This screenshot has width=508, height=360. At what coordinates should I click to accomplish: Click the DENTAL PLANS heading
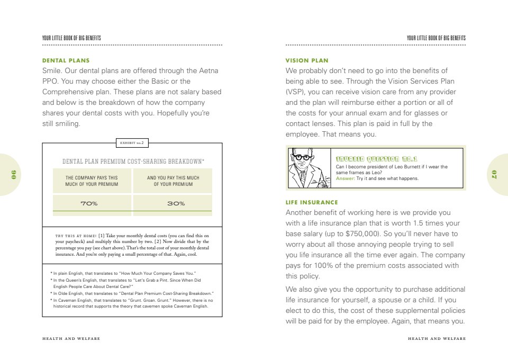tap(66, 60)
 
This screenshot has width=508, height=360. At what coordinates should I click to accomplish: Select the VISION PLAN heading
tap(307, 60)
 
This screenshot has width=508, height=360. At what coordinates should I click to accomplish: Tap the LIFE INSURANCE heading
tap(312, 202)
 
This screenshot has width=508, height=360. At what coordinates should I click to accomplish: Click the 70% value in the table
tap(92, 204)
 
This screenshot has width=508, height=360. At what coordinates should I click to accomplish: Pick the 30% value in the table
tap(173, 204)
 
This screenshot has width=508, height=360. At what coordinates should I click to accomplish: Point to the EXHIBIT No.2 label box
tap(132, 142)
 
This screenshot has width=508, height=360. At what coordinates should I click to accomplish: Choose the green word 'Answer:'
tap(346, 178)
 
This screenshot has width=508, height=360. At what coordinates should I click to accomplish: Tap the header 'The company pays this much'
tap(92, 181)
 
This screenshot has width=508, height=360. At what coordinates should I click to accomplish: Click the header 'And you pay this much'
tap(173, 181)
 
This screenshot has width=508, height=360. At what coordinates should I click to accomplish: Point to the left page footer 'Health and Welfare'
tap(71, 339)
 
